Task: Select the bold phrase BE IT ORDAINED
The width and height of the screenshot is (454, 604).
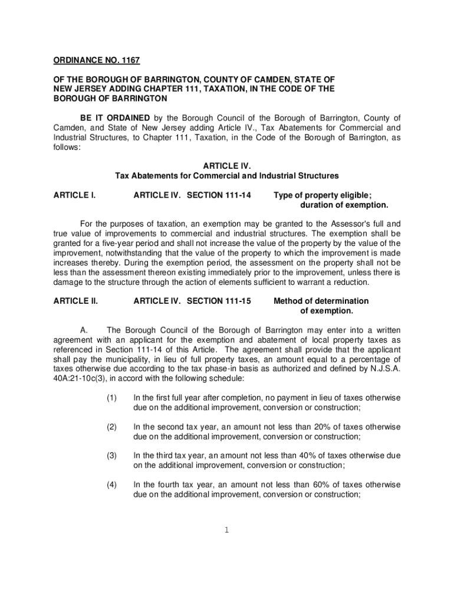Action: [115, 118]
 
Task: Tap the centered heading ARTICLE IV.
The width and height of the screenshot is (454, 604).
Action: [226, 166]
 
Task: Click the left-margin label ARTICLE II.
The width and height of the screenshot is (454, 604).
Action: [75, 301]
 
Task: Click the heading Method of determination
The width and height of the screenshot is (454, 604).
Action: [321, 301]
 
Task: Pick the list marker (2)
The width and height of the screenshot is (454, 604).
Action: [112, 426]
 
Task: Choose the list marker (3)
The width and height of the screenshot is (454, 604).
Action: [112, 455]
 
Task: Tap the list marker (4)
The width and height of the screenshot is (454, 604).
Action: [112, 485]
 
